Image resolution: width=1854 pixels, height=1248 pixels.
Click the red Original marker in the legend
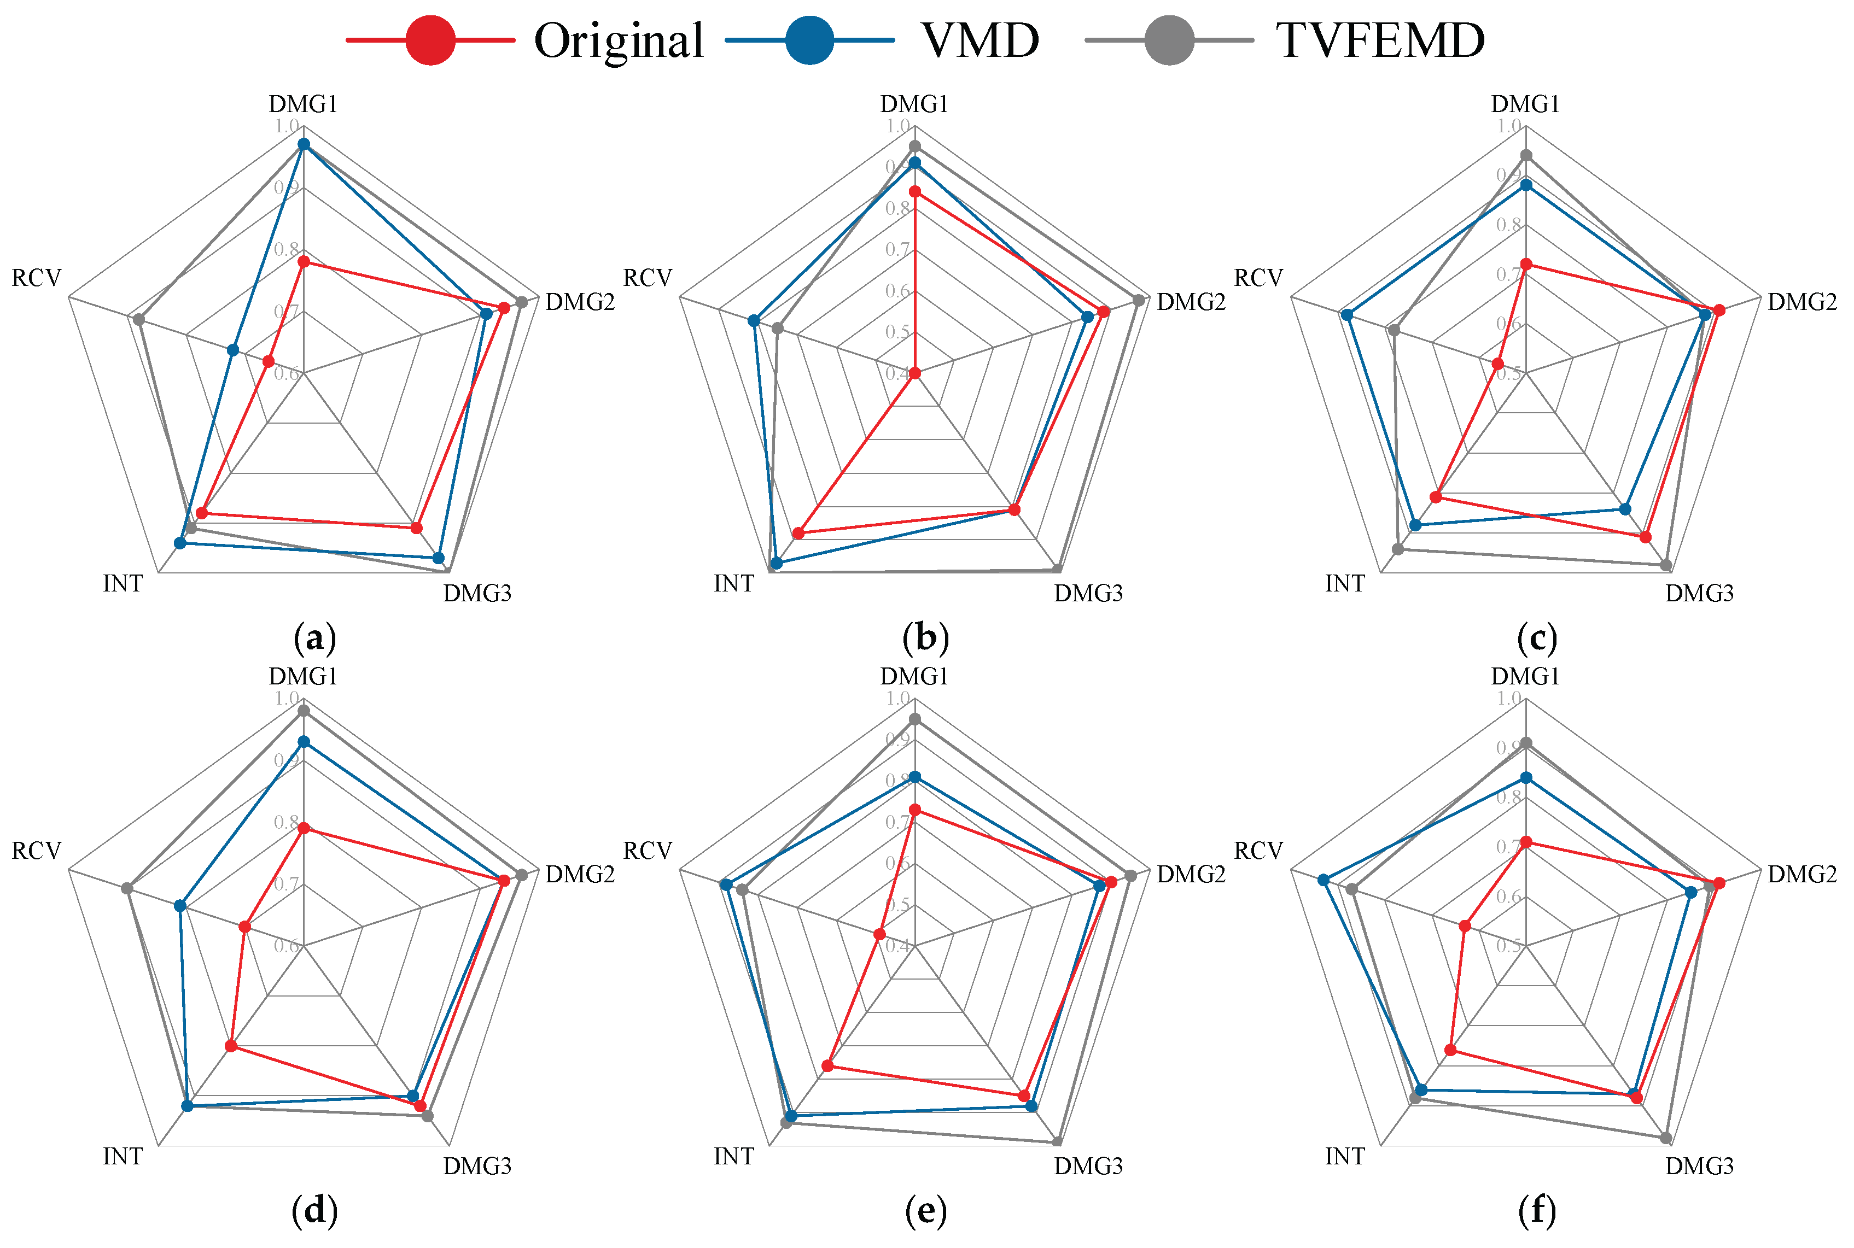[430, 40]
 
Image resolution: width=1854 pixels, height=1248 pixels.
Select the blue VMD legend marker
[809, 40]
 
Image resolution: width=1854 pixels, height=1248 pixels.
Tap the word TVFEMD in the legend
[1379, 40]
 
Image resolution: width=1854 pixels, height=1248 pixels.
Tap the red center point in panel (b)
[914, 372]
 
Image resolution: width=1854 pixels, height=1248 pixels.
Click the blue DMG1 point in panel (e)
[914, 777]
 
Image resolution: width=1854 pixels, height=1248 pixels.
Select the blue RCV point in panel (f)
[1323, 880]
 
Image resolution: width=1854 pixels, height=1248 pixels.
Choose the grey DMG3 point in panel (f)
[1666, 1138]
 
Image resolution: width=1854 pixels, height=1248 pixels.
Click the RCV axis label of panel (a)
[36, 278]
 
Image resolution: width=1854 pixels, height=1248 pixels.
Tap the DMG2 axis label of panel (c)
[1802, 302]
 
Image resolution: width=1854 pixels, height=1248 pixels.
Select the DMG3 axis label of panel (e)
[1088, 1166]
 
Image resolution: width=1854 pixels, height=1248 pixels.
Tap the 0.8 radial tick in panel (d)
[287, 822]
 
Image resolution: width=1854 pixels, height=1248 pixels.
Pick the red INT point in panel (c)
[1436, 497]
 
